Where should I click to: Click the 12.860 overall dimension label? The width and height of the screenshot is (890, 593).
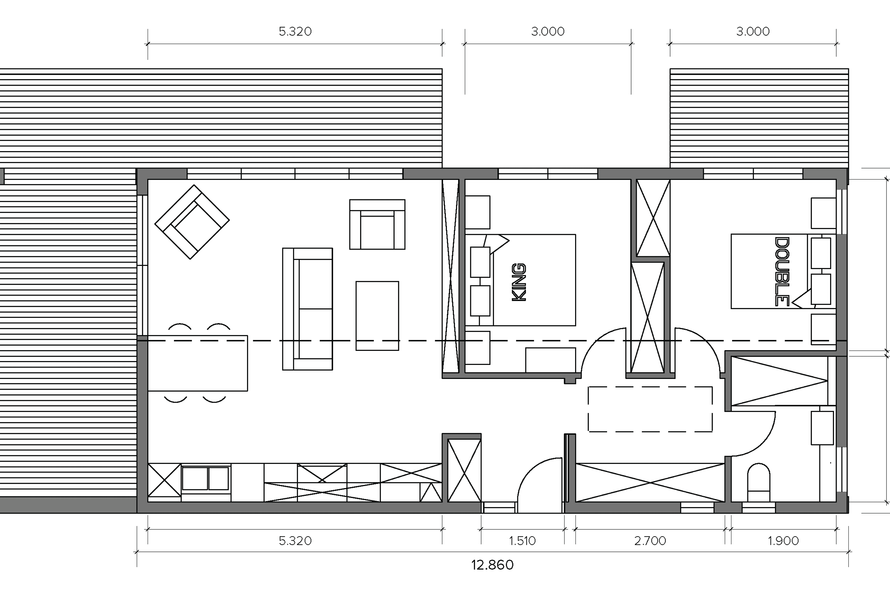click(x=492, y=565)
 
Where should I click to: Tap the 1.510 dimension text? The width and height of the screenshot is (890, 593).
click(x=522, y=541)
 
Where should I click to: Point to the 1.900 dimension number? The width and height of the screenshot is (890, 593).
click(x=783, y=541)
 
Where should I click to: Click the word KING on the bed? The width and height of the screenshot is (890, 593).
click(x=519, y=282)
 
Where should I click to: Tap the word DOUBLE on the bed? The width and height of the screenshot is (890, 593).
click(x=782, y=272)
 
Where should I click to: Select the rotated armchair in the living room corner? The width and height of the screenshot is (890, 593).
click(x=192, y=222)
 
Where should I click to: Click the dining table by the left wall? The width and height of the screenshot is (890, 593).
click(x=198, y=363)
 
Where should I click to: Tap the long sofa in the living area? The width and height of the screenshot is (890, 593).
click(x=308, y=309)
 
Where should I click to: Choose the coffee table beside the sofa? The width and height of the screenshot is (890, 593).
click(x=377, y=316)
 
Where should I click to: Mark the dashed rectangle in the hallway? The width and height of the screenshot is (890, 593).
click(x=650, y=387)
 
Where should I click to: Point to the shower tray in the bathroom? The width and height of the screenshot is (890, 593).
click(x=779, y=381)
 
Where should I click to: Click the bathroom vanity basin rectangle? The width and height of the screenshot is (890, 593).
click(x=822, y=428)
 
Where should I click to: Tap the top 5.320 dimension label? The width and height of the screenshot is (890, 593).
click(x=295, y=31)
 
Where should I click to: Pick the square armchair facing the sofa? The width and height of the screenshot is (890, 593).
click(x=377, y=225)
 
